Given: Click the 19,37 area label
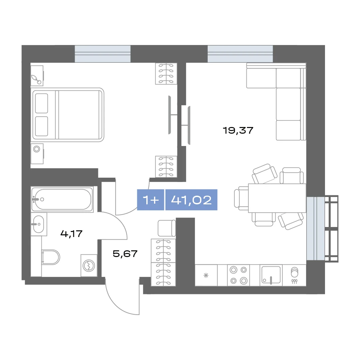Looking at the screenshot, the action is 238,130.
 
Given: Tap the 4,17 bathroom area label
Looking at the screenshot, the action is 71,234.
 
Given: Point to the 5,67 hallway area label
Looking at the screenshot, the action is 125,254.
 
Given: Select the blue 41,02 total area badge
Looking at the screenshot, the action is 191,200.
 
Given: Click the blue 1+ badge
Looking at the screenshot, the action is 151,200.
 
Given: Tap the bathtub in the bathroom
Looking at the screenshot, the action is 62,199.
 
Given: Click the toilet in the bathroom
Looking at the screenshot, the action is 51,257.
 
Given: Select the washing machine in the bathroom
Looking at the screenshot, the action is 89,265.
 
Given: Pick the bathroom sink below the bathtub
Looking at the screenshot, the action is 39,224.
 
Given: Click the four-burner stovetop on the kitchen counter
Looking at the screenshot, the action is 239,275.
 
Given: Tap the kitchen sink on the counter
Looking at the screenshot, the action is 271,275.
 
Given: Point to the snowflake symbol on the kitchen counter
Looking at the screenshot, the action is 206,275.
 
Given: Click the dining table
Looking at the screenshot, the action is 277,198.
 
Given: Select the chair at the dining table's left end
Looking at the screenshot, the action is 241,198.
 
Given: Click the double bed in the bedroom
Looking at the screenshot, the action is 67,115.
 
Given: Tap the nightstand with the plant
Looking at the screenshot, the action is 37,76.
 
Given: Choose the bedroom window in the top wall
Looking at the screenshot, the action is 103,54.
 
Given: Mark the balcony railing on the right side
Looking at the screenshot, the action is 332,228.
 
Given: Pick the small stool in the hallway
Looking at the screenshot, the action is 167,228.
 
